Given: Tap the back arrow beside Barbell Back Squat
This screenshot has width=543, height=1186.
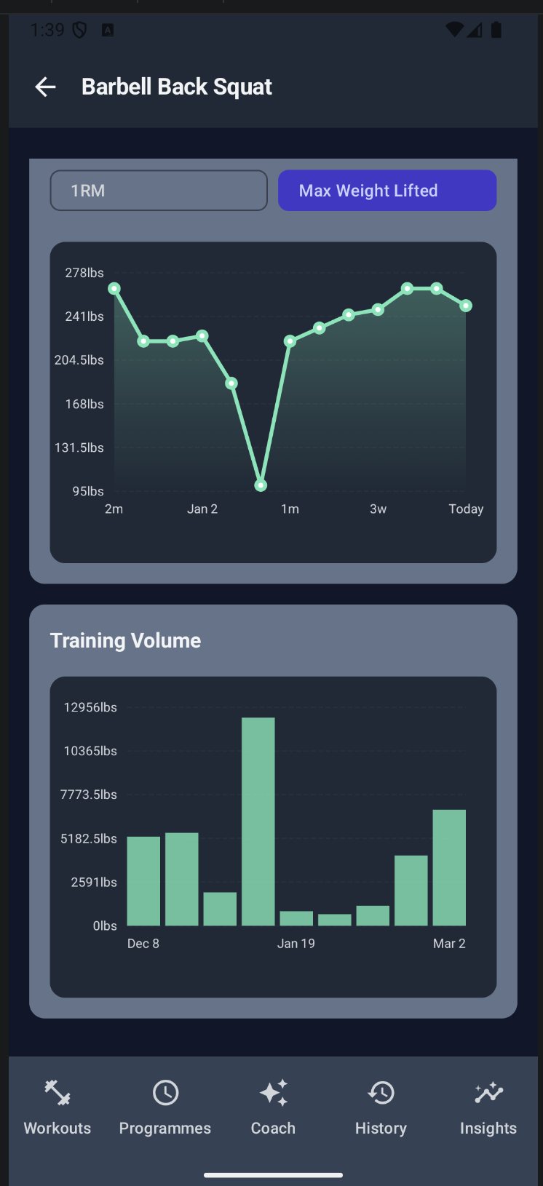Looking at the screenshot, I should (45, 87).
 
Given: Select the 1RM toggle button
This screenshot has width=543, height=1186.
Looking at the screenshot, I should (159, 191).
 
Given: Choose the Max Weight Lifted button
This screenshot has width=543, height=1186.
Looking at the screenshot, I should (387, 191).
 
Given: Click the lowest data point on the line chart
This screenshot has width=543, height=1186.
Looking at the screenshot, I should (261, 485).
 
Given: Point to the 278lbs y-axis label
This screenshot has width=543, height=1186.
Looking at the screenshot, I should (84, 273).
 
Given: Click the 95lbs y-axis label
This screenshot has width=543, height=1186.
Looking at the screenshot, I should (88, 491).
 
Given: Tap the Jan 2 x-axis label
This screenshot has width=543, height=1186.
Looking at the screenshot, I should (202, 509).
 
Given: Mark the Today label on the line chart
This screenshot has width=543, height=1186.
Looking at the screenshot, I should (466, 509).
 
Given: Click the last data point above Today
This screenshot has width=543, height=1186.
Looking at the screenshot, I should (466, 306).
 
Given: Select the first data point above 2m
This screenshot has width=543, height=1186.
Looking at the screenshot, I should (114, 289).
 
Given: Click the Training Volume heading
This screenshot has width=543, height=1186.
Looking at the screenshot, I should (125, 640).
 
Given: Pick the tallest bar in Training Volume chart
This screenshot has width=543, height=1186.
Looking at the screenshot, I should (258, 821).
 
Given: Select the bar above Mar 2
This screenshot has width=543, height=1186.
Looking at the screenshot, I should (449, 867).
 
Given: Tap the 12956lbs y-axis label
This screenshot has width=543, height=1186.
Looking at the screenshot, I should (90, 707).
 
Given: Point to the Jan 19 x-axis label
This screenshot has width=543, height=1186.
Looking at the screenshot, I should (296, 944).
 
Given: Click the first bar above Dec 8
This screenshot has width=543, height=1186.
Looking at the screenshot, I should (143, 880).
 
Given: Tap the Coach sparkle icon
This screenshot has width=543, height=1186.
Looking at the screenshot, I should (274, 1093).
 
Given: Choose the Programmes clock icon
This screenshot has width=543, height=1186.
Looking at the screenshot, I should (165, 1093).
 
